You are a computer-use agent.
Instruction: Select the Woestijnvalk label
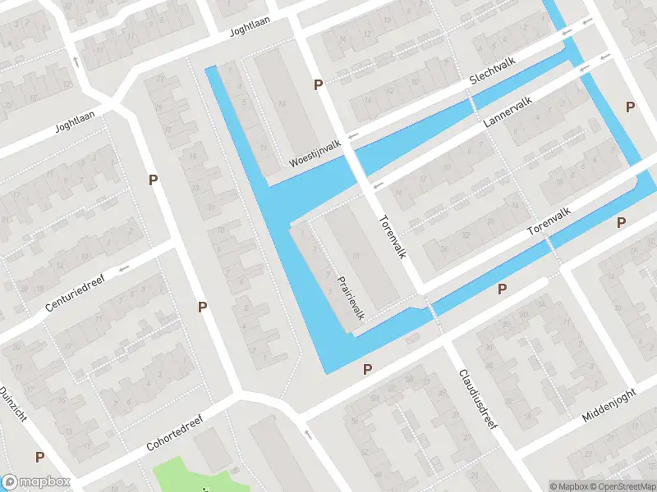(315, 153)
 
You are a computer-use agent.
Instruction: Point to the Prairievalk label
(351, 297)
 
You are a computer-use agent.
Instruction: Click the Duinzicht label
(14, 404)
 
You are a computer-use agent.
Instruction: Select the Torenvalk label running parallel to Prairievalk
(393, 238)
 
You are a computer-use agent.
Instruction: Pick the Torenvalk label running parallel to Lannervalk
(549, 221)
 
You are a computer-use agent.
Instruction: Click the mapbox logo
(35, 482)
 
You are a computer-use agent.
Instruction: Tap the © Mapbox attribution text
(569, 486)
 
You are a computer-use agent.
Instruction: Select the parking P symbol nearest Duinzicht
(39, 457)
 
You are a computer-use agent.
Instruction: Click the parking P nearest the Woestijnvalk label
(318, 85)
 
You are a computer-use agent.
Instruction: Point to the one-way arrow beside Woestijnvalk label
(354, 135)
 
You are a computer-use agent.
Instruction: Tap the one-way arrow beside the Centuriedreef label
(123, 268)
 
